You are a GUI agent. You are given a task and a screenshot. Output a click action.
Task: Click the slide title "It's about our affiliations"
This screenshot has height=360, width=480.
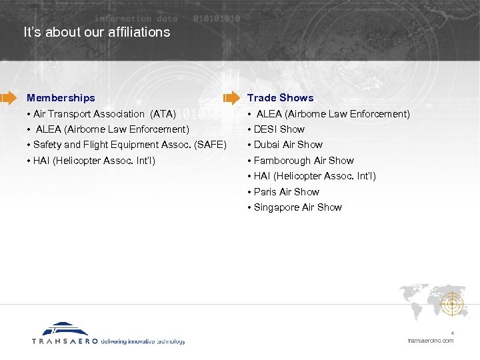tap(97, 32)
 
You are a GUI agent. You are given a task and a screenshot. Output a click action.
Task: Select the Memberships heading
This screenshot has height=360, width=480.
tap(61, 98)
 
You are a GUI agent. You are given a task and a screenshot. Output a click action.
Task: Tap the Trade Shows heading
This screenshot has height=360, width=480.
tap(280, 98)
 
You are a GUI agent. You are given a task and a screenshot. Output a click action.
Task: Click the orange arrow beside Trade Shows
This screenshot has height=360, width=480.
tap(231, 98)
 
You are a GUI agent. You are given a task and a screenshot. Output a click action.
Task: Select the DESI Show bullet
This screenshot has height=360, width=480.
tap(279, 129)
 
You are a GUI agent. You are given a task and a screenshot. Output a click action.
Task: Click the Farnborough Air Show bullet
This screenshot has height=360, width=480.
tap(303, 161)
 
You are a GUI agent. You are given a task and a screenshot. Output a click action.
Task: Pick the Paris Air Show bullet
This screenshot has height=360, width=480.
tap(286, 192)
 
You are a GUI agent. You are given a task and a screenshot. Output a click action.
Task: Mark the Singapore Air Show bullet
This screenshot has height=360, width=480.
tap(297, 207)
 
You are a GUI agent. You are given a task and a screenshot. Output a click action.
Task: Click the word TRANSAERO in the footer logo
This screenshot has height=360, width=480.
tap(65, 341)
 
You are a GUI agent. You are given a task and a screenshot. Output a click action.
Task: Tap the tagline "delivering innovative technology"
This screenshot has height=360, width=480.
tap(143, 341)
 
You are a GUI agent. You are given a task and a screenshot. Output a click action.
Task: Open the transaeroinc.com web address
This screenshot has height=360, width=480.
tap(430, 341)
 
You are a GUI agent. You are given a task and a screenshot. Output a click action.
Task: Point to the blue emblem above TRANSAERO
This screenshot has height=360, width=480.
tap(65, 329)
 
